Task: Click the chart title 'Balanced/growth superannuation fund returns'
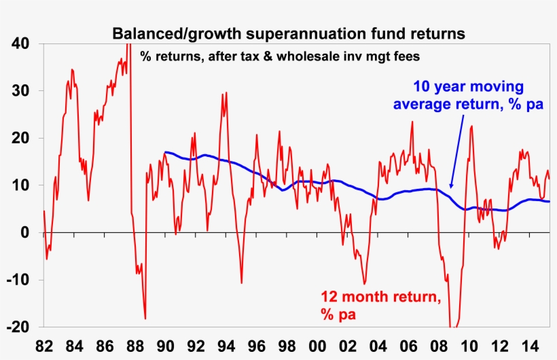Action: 289,33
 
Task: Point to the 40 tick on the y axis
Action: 20,43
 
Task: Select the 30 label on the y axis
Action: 20,91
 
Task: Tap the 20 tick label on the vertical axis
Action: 20,139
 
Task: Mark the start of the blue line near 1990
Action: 164,152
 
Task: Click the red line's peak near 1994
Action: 223,93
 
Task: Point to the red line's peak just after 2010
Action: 471,126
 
